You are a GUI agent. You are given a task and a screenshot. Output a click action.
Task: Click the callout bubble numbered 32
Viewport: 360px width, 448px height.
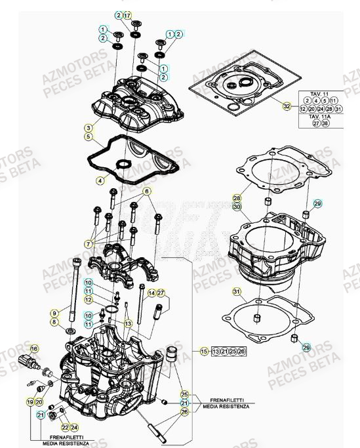(x=286, y=106)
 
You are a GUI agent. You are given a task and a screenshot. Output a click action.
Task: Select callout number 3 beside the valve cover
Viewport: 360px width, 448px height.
(x=88, y=127)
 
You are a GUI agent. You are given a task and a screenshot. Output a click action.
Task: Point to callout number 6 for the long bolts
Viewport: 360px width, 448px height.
(x=148, y=191)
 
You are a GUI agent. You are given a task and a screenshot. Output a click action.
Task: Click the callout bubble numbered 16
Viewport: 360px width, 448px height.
(x=35, y=348)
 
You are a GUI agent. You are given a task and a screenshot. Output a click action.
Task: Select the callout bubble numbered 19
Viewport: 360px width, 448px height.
(x=30, y=400)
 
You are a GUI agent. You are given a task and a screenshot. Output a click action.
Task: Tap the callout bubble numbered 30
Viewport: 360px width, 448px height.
(x=237, y=206)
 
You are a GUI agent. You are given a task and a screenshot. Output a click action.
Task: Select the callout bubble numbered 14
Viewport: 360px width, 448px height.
(x=151, y=293)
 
